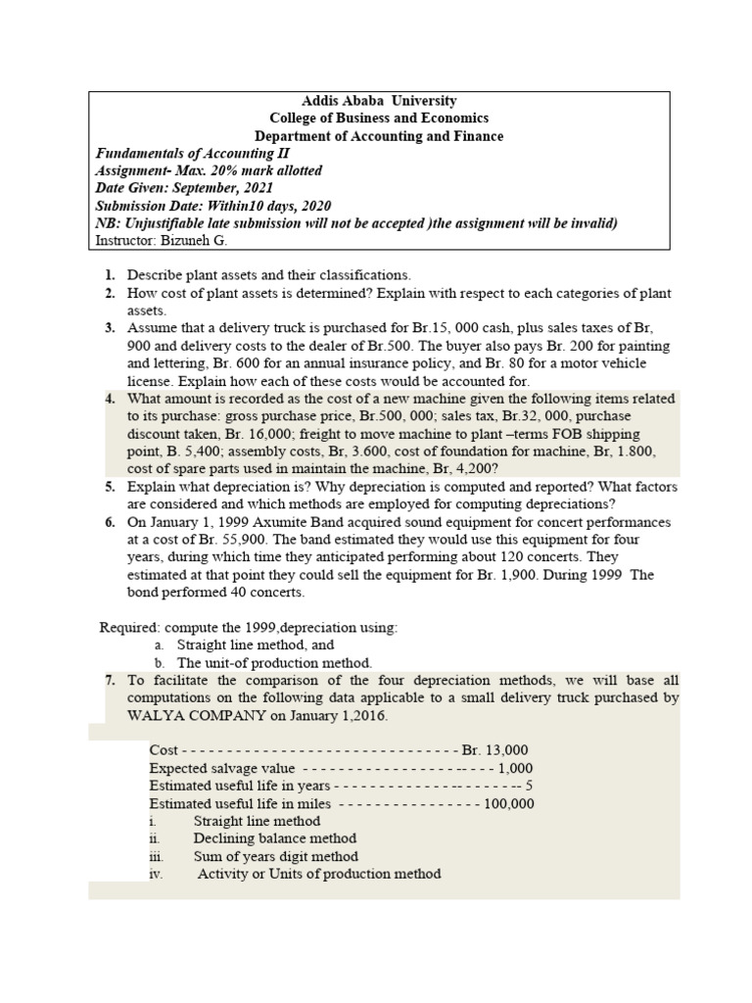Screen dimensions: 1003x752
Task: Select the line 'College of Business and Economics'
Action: [x=379, y=119]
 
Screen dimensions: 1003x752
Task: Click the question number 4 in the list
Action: [x=110, y=399]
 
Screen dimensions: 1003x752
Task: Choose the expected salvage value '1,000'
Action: [x=515, y=768]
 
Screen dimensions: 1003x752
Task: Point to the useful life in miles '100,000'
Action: [x=510, y=803]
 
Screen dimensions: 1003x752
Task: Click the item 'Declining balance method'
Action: [x=275, y=838]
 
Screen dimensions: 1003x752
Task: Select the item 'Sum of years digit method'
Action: [x=276, y=856]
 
